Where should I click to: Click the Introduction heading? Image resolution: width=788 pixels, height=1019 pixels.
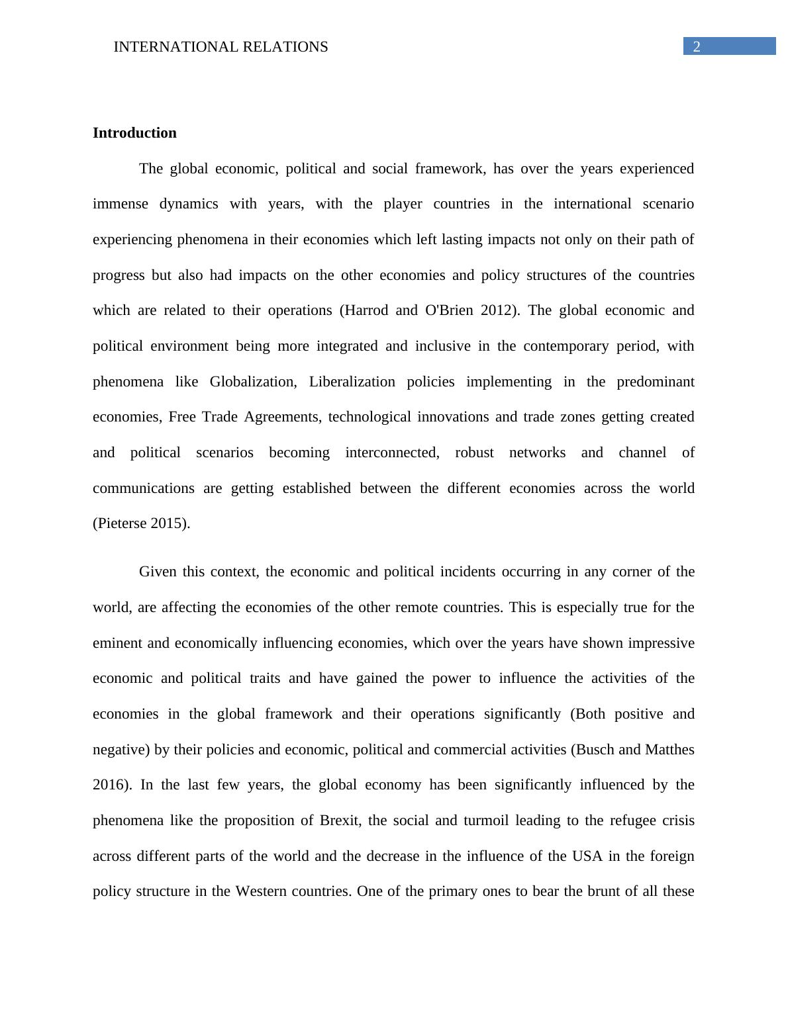click(134, 133)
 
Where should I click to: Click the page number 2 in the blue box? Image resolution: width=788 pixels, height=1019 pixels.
click(697, 46)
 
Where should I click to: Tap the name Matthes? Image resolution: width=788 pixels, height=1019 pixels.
click(669, 750)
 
